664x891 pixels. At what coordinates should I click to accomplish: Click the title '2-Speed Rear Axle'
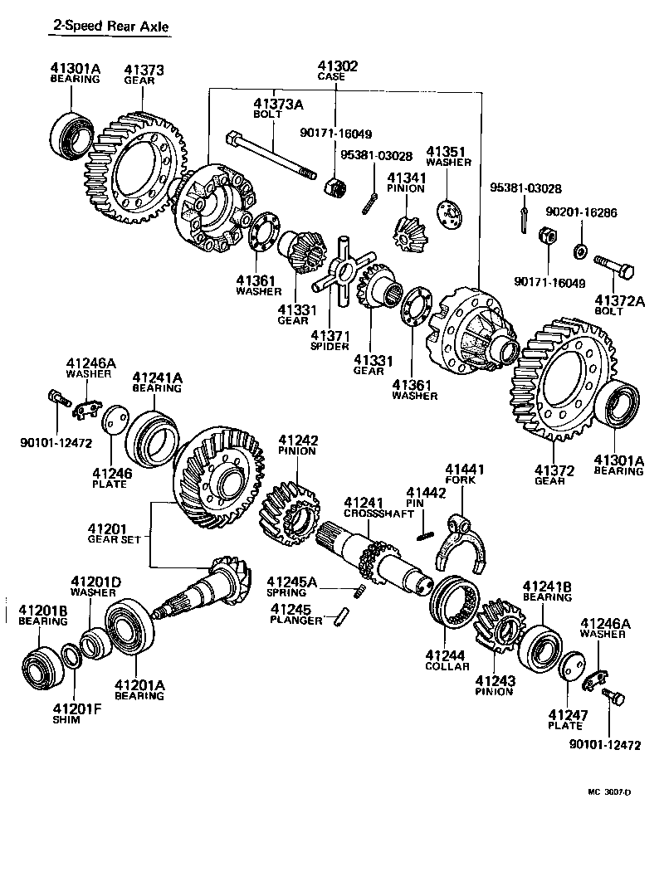coord(110,27)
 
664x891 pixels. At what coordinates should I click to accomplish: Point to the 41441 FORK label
coord(465,475)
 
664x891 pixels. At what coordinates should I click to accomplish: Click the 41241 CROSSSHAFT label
coord(378,508)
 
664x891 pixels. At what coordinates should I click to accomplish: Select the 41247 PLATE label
coord(565,720)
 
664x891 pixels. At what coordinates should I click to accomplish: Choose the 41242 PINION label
coord(297,445)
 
